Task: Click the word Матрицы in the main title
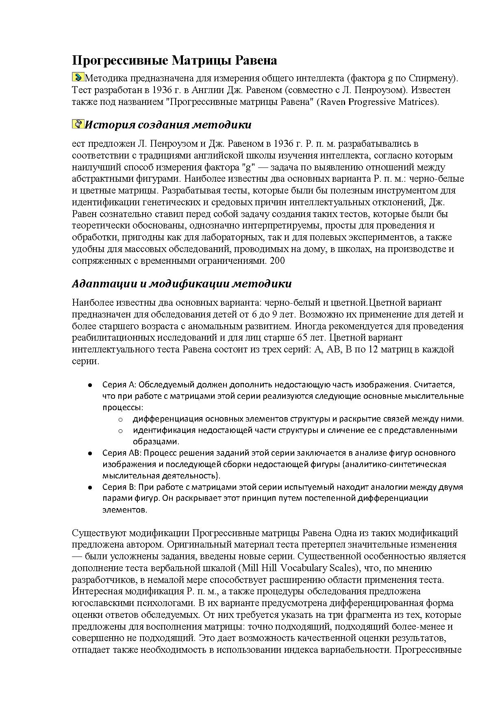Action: (197, 61)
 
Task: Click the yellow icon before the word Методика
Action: (78, 77)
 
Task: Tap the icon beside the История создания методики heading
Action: (78, 124)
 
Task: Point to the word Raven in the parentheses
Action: (333, 102)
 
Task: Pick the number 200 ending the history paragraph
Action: (277, 261)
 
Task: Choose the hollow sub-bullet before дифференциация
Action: (120, 419)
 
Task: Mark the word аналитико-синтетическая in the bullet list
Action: (395, 464)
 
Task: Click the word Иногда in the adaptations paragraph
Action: (308, 326)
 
